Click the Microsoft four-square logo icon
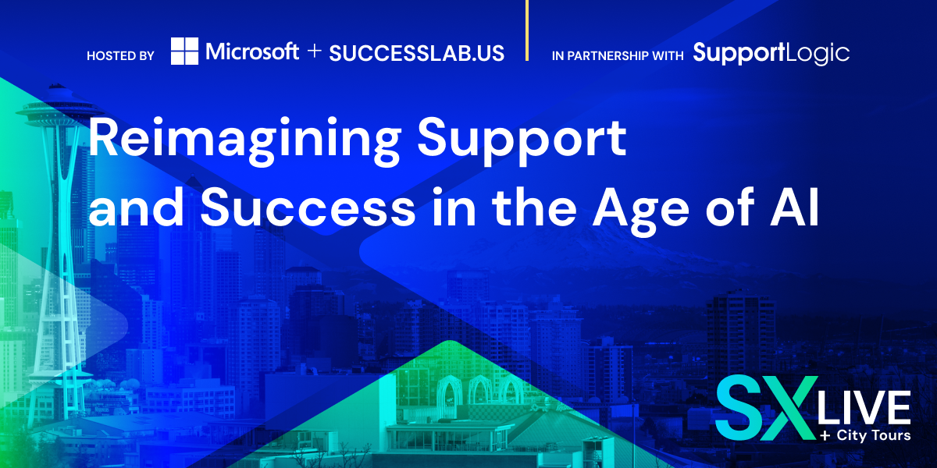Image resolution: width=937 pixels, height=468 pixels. point(184,51)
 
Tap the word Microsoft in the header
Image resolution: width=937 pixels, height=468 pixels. point(252,51)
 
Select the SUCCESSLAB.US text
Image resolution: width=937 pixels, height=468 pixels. point(417,54)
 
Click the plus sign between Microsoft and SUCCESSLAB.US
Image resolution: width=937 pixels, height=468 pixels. point(314,51)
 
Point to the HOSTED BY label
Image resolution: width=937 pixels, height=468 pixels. point(120,56)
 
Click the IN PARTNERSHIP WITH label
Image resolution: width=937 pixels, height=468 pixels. point(618,56)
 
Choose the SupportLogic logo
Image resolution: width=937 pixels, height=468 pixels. point(771,54)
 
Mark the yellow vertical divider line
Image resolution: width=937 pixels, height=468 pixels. point(526,30)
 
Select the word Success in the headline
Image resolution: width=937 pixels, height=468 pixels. point(308,207)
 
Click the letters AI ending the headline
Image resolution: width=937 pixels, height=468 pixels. point(795,207)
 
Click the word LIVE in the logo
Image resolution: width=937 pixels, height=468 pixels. point(864,407)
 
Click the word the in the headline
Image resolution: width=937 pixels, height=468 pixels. point(534,207)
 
